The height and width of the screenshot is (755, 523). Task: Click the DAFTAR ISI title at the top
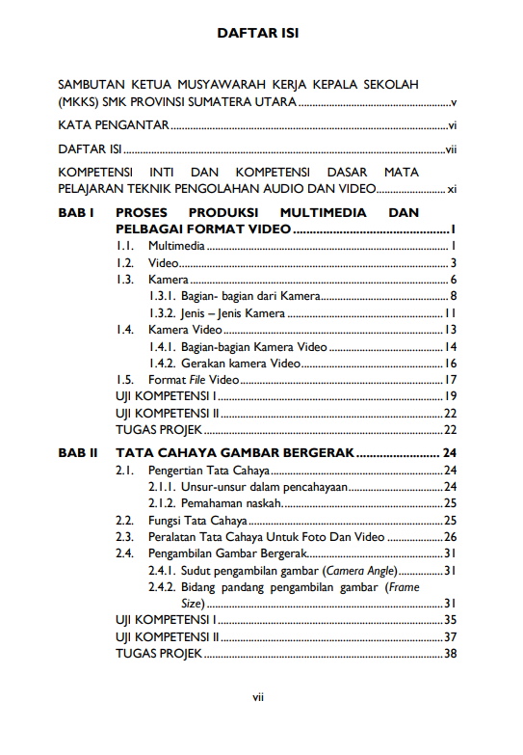257,33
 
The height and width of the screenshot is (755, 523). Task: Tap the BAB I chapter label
75,211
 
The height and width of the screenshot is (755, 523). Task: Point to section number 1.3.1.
161,296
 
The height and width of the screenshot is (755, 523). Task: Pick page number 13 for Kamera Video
450,330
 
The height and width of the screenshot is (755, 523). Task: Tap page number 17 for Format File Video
450,380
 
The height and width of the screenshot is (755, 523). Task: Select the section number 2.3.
124,537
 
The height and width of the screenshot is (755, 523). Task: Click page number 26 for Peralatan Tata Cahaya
450,537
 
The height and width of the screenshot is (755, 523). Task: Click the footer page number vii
258,698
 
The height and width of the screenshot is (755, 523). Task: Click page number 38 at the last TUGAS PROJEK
450,654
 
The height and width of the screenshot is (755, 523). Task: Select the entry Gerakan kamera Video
241,364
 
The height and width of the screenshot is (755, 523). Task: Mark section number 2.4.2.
161,587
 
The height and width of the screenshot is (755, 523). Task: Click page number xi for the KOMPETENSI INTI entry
451,190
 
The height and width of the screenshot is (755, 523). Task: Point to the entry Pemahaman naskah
230,503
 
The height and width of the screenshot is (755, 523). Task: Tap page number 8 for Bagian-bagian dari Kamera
453,296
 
